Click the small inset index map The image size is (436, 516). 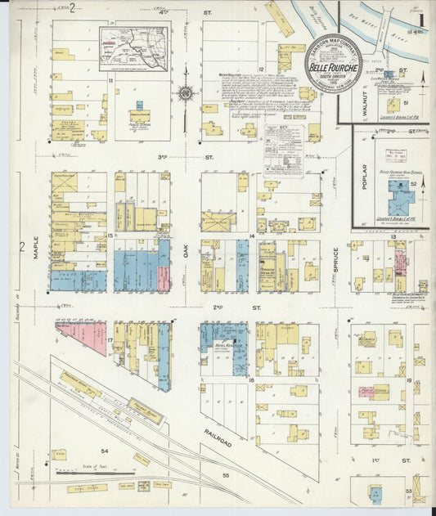click(x=133, y=48)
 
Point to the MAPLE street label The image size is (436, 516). click(x=37, y=245)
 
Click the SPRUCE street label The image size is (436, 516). click(x=335, y=271)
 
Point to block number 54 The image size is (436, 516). click(x=104, y=451)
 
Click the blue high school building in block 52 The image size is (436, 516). click(x=400, y=197)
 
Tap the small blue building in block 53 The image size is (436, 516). click(x=375, y=493)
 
